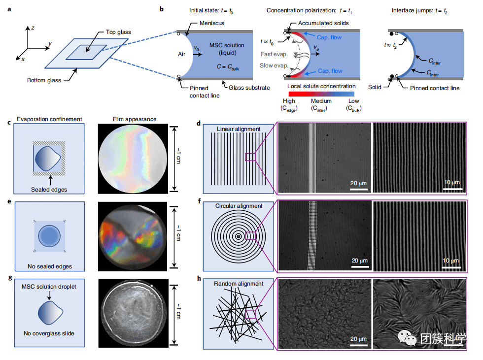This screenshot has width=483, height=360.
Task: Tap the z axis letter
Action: pos(33,28)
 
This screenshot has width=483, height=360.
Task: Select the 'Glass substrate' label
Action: pos(249,87)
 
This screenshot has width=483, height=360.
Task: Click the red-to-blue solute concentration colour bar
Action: pos(321,93)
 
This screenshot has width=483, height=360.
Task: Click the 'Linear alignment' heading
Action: pos(239,129)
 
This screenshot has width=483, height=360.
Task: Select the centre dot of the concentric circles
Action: pos(239,236)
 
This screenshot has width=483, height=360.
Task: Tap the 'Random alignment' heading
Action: pos(239,284)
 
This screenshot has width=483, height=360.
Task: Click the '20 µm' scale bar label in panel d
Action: pos(358,183)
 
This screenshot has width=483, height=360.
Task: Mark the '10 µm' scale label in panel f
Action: pos(451,260)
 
